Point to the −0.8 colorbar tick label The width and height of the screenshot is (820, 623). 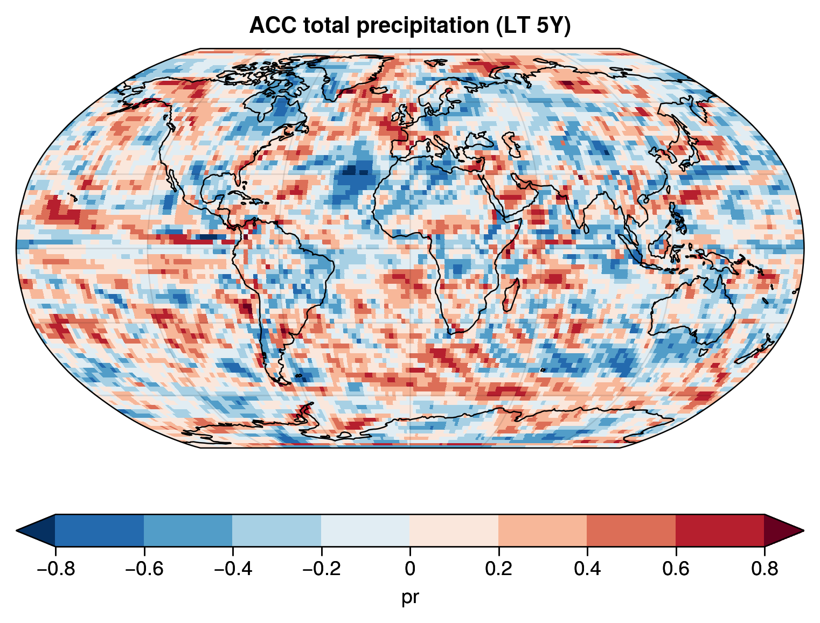[55, 569]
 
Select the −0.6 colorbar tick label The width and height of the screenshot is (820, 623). [144, 569]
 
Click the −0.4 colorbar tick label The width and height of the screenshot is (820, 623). [232, 569]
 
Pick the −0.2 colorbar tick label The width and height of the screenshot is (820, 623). [321, 569]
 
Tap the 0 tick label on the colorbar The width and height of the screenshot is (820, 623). [410, 569]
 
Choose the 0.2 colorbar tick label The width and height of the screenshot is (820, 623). [498, 569]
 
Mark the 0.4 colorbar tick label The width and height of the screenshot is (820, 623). [587, 569]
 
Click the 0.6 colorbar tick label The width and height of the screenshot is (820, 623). [676, 569]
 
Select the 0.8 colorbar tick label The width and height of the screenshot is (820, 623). [764, 569]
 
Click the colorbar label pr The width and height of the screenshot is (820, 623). [410, 597]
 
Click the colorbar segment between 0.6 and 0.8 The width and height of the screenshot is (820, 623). [720, 530]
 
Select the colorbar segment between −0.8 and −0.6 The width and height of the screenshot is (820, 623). [99, 530]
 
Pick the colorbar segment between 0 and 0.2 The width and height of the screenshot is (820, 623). [454, 530]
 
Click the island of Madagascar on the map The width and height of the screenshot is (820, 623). [511, 295]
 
